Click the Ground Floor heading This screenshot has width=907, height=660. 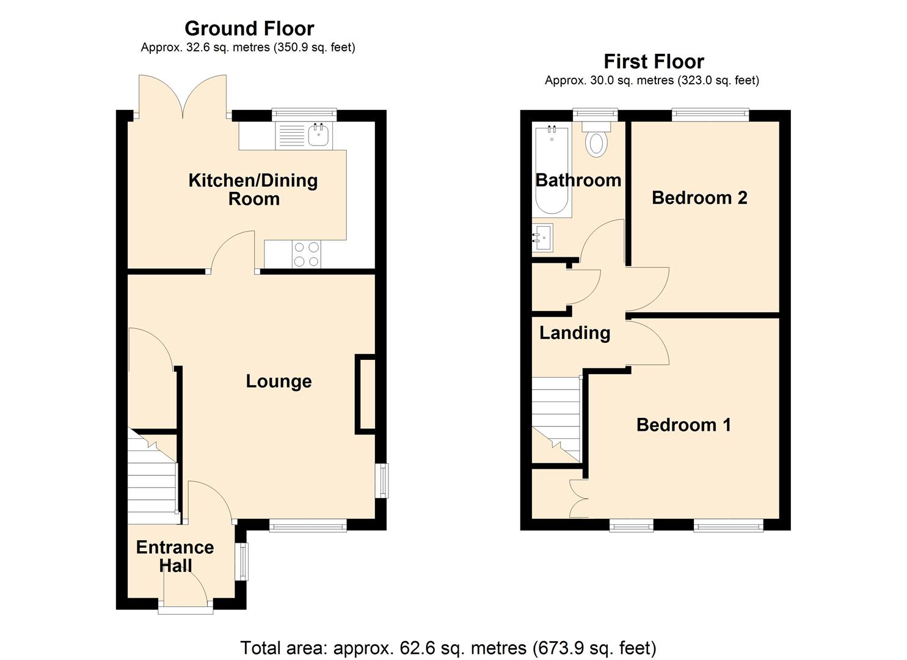click(x=249, y=29)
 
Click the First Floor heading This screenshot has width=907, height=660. click(x=654, y=62)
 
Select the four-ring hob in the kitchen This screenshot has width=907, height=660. click(x=306, y=254)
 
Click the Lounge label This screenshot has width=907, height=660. click(x=279, y=381)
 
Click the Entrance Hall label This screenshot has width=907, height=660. click(x=175, y=556)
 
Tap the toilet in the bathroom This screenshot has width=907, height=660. click(x=596, y=139)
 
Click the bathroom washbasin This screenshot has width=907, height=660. click(x=542, y=237)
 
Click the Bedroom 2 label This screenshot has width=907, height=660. click(x=699, y=197)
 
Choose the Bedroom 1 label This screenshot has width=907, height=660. click(x=683, y=425)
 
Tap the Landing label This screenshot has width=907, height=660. click(x=575, y=333)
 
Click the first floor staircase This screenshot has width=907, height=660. click(x=556, y=419)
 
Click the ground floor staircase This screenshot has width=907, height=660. click(x=153, y=477)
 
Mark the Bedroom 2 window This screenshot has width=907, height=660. click(x=710, y=113)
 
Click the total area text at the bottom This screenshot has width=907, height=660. click(x=448, y=647)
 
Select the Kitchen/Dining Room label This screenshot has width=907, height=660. click(x=253, y=189)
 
